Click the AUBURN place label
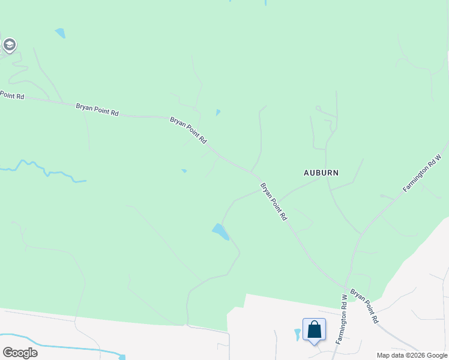(321, 173)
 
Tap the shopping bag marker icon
(314, 329)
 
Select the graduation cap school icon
(9, 44)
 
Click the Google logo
(20, 352)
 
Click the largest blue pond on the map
(220, 232)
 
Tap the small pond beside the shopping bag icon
(297, 334)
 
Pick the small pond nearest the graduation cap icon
(60, 33)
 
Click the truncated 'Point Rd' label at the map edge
(12, 95)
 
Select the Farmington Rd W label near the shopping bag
(341, 319)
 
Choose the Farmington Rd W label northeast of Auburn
(422, 173)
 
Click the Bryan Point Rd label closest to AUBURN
(274, 202)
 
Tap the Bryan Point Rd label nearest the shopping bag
(364, 306)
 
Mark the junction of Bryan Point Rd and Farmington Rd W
(347, 287)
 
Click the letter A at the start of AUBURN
(306, 173)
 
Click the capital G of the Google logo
(7, 352)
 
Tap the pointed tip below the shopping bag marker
(314, 344)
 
